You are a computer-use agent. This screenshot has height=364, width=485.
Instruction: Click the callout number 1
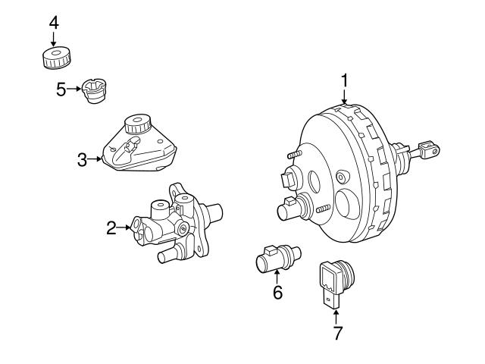(x=345, y=80)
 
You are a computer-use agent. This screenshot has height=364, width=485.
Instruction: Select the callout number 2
(x=111, y=227)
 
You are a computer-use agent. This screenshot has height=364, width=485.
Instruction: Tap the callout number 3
(x=82, y=159)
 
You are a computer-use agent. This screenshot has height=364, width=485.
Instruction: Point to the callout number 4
(x=53, y=22)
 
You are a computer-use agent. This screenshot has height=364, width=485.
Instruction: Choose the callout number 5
(x=61, y=89)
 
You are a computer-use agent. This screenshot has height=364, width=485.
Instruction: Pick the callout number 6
(x=277, y=292)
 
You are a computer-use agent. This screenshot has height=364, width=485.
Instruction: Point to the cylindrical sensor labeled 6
(x=277, y=259)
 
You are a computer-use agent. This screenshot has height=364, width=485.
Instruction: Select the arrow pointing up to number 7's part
(x=336, y=312)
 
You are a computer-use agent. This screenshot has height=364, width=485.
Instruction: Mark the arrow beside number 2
(x=125, y=227)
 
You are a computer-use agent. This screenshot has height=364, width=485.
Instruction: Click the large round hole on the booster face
(x=350, y=205)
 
